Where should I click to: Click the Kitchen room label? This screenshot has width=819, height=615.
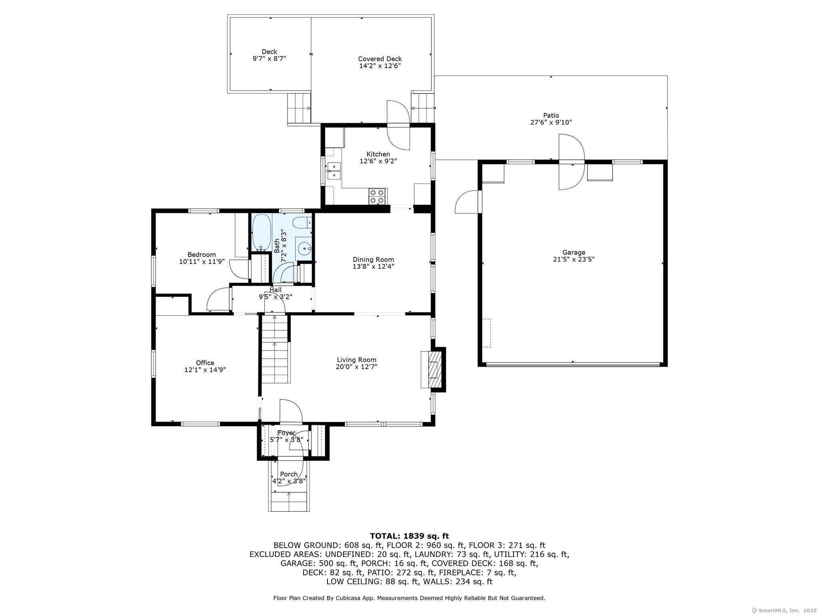pyautogui.click(x=378, y=154)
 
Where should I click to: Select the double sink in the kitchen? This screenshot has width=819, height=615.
pyautogui.click(x=334, y=171)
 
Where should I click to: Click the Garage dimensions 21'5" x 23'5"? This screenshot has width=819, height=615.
pyautogui.click(x=573, y=259)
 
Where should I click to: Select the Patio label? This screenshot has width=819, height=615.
pyautogui.click(x=551, y=116)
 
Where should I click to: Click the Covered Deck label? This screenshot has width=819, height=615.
pyautogui.click(x=380, y=59)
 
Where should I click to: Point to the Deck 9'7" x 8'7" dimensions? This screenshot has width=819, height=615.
pyautogui.click(x=269, y=58)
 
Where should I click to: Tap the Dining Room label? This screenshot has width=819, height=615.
pyautogui.click(x=373, y=259)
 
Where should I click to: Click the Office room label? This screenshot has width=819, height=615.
pyautogui.click(x=205, y=363)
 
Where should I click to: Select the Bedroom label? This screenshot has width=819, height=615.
pyautogui.click(x=202, y=255)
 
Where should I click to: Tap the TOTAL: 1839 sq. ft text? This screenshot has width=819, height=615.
pyautogui.click(x=409, y=536)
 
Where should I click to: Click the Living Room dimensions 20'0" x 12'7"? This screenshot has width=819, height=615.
pyautogui.click(x=357, y=366)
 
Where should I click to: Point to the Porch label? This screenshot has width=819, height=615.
pyautogui.click(x=289, y=474)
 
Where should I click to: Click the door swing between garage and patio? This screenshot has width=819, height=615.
pyautogui.click(x=572, y=162)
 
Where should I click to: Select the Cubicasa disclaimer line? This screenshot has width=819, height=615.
pyautogui.click(x=409, y=598)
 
